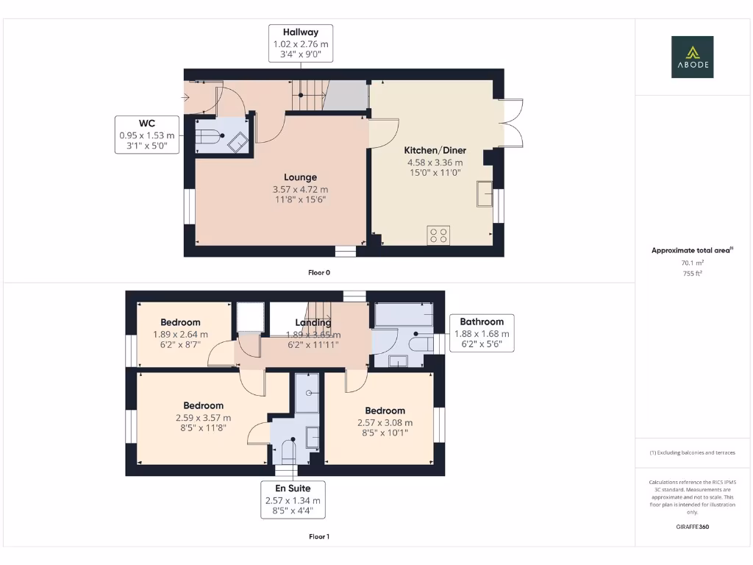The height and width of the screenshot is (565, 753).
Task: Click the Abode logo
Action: pos(692,57)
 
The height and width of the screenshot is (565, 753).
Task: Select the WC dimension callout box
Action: pos(146,135)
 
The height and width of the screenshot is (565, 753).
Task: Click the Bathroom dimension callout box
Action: pos(482,333)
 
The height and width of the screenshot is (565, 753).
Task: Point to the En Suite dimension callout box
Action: pos(293,500)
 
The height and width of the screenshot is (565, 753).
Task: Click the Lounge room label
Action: pos(300,177)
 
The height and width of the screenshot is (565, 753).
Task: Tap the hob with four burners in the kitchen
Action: pos(439,235)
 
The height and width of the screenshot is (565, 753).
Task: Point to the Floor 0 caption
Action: pos(318,272)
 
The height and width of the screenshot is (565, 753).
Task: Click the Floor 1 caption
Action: pos(318,537)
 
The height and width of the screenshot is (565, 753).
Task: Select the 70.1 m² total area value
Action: pos(692,263)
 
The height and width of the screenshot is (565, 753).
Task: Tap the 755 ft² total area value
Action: pos(692,273)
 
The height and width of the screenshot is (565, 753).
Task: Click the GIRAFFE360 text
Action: pos(692,527)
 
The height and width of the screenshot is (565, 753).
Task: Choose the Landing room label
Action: pos(313,322)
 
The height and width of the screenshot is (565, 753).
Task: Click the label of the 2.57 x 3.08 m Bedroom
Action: pos(385,411)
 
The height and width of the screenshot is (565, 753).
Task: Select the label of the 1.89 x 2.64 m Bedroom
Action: pos(181,322)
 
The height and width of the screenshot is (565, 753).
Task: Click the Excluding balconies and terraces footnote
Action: pos(692,452)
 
